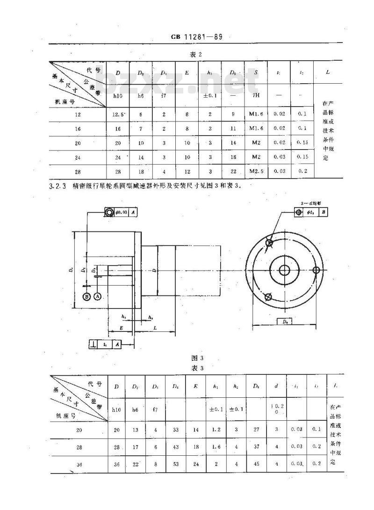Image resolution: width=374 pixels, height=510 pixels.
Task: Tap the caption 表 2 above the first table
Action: tap(195, 55)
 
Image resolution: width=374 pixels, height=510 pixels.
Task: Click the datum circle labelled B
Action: tap(86, 296)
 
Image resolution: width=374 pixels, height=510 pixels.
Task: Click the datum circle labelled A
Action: tap(97, 296)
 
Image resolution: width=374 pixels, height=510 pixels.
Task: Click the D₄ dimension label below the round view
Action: tap(284, 321)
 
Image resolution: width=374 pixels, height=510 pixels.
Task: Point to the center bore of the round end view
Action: tap(284, 270)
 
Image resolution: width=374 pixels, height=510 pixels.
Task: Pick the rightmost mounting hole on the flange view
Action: tap(316, 270)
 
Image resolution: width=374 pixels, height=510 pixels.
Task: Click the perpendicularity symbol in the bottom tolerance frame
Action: tap(94, 345)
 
